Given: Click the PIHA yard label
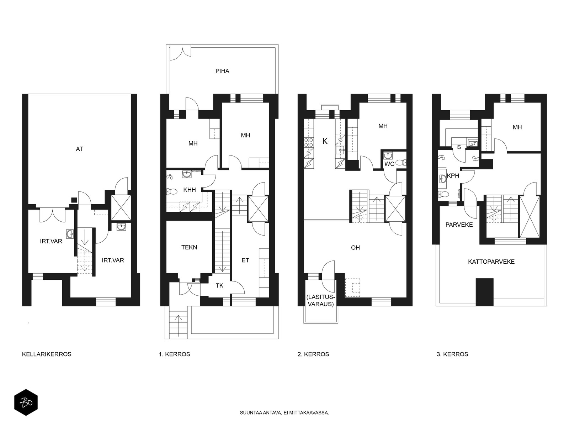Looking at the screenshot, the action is (222, 71).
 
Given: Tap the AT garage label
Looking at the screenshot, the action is (79, 149).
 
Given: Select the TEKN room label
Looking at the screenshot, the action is (189, 247).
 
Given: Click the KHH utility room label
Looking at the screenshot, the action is (189, 190).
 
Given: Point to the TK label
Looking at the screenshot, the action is (219, 286).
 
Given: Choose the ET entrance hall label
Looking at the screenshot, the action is (245, 260).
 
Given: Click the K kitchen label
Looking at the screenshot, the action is (325, 141).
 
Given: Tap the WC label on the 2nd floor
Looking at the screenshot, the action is (389, 164).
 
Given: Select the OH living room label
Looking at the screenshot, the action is (355, 248).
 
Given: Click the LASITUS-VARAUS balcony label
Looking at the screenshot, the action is (321, 301).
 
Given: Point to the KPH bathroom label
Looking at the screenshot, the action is (453, 176).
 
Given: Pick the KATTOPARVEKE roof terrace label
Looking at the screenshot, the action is (491, 262).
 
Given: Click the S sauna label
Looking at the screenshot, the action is (459, 147).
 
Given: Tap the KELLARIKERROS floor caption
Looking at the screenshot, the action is (47, 354).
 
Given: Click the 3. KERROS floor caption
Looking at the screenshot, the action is (452, 354).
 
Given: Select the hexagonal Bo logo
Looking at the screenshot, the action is (26, 402).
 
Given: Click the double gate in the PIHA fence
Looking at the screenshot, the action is (180, 53).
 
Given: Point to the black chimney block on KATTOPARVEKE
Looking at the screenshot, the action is (484, 292).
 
